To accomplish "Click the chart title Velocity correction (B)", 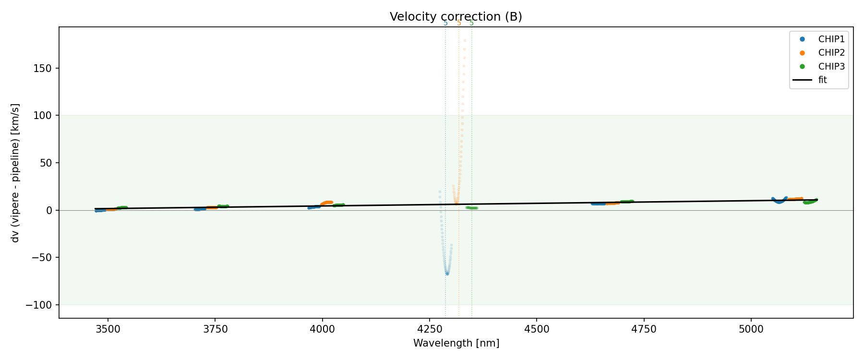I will coord(456,17).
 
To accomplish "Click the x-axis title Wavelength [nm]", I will coord(456,343).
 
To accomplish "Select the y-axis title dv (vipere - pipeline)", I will coord(15,173).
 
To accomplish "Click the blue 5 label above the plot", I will coord(445,23).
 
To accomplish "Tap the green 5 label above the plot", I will coord(471,23).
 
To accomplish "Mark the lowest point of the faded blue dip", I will coord(447,274).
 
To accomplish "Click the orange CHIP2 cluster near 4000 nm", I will coord(327,203).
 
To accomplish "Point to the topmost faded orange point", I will coord(465,40).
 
